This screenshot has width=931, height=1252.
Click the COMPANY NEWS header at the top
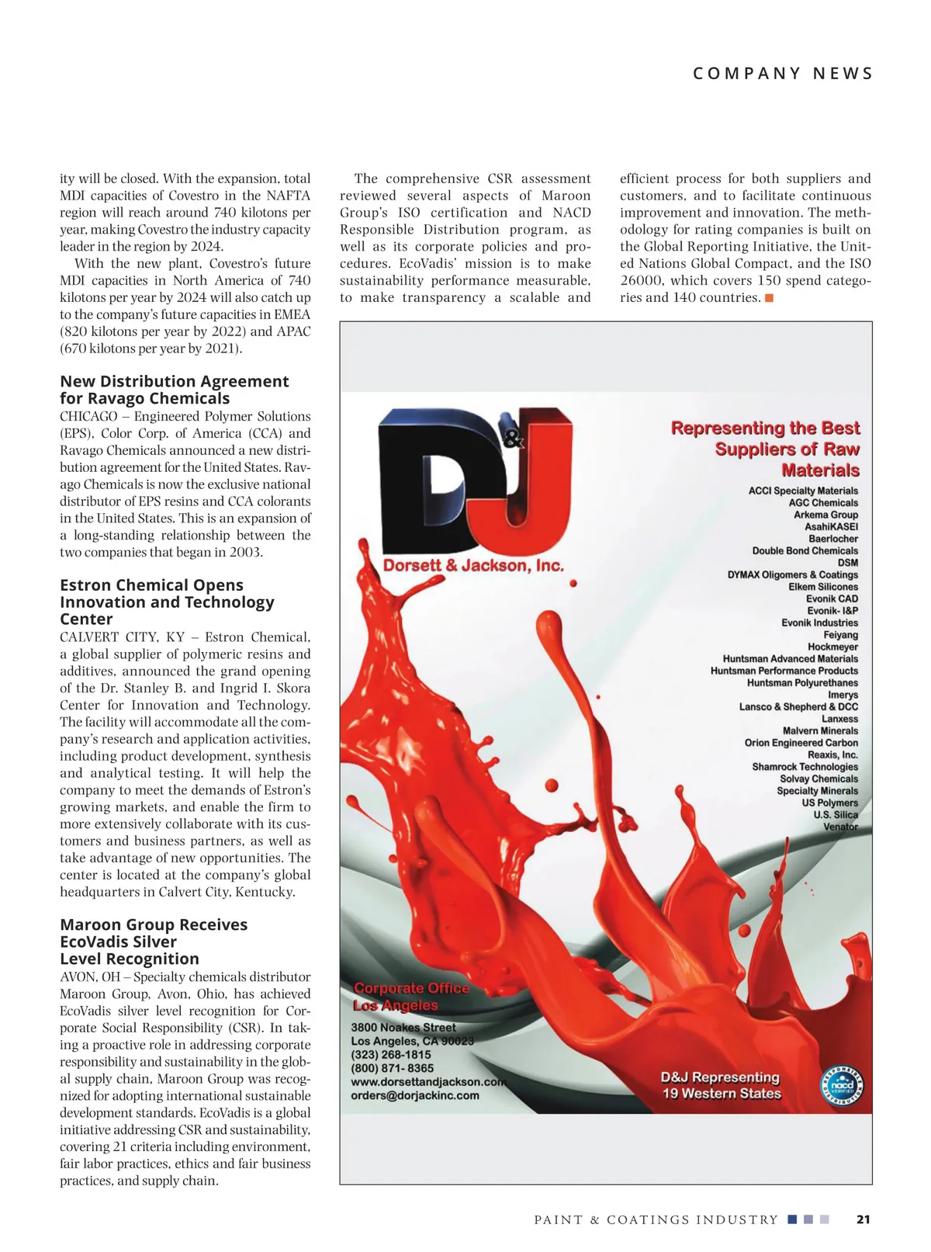(782, 74)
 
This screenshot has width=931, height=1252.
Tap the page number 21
(863, 1219)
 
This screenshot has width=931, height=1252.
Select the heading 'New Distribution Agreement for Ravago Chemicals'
(175, 390)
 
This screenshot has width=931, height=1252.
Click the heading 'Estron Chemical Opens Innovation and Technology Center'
(168, 602)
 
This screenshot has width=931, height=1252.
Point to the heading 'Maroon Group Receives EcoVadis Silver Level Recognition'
(154, 941)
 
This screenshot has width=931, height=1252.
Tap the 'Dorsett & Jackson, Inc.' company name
(473, 566)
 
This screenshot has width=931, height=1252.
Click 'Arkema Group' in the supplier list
(825, 515)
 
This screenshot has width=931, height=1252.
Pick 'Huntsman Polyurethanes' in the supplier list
(802, 683)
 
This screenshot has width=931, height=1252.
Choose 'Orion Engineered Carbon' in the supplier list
(801, 743)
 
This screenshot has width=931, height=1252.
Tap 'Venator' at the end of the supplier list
(840, 827)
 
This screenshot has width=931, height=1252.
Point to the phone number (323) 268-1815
(391, 1055)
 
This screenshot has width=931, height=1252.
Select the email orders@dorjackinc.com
(415, 1095)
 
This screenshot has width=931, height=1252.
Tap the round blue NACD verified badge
(842, 1085)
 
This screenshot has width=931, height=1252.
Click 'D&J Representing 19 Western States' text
(721, 1085)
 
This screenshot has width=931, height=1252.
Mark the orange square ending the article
(769, 298)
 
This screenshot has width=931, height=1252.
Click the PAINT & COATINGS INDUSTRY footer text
(656, 1219)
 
